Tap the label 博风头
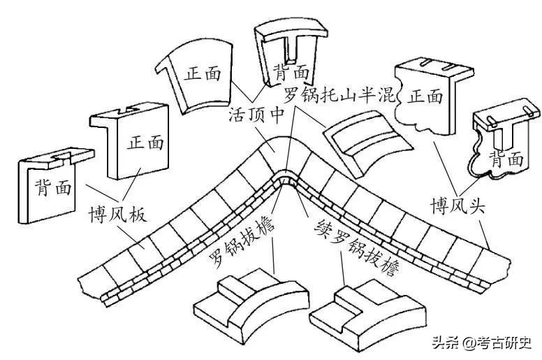[460, 208]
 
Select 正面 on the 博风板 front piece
[145, 143]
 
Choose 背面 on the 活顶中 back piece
[291, 71]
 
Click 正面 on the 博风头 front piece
[425, 96]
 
